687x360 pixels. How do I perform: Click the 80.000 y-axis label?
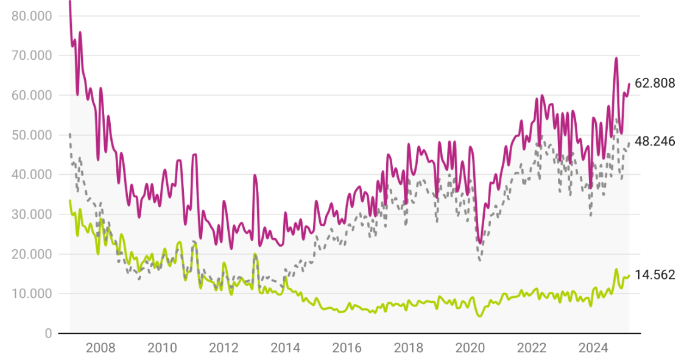(x=32, y=16)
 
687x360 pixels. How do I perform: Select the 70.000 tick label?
(x=32, y=55)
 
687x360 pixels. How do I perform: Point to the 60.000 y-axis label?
(x=32, y=95)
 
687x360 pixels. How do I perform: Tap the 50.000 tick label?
(x=32, y=135)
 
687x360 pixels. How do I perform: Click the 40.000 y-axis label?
(x=32, y=174)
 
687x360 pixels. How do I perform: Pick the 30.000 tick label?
(x=32, y=214)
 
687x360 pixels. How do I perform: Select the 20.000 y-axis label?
(x=32, y=254)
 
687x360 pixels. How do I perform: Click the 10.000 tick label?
(x=32, y=294)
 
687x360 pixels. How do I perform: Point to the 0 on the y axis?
(x=47, y=333)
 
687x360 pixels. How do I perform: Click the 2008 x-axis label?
(x=100, y=348)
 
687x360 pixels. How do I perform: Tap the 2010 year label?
(x=162, y=348)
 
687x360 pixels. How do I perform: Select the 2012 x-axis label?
(x=224, y=348)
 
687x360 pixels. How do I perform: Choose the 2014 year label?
(x=285, y=348)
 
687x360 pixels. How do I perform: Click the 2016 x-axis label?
(x=347, y=348)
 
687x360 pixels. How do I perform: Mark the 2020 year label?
(x=470, y=348)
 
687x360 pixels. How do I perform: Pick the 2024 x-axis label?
(x=593, y=348)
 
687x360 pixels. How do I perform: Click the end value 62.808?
(x=655, y=83)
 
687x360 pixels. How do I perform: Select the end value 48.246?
(x=655, y=141)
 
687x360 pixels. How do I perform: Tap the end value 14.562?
(x=655, y=275)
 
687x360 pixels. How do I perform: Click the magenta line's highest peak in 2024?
(x=616, y=58)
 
